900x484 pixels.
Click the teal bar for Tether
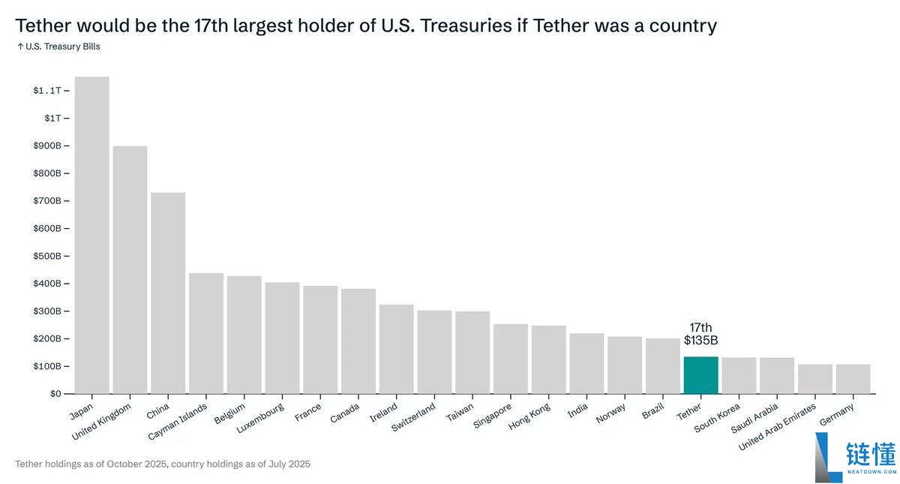(700, 374)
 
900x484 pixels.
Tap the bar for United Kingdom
(130, 269)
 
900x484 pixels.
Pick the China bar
(168, 293)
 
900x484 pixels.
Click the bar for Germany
(853, 379)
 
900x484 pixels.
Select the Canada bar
(358, 341)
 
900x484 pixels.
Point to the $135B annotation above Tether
(700, 340)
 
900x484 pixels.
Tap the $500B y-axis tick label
(46, 256)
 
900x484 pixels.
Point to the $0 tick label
(56, 393)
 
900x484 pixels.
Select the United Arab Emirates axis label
(777, 427)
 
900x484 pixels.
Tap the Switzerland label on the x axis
(412, 419)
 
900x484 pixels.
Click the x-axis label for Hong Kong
(529, 416)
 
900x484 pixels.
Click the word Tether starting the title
(43, 26)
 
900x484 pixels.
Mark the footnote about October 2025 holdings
(163, 464)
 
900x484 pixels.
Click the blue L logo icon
(828, 457)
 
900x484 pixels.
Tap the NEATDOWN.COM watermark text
(871, 472)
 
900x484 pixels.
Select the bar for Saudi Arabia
(776, 375)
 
